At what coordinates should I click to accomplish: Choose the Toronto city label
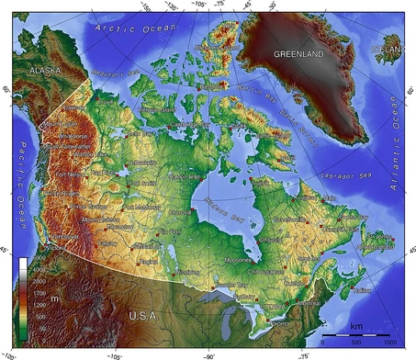pyautogui.click(x=277, y=322)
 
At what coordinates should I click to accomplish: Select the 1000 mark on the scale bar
pyautogui.click(x=389, y=342)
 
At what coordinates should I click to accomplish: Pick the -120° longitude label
pyautogui.click(x=12, y=354)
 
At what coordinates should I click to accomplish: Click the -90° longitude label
pyautogui.click(x=209, y=354)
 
